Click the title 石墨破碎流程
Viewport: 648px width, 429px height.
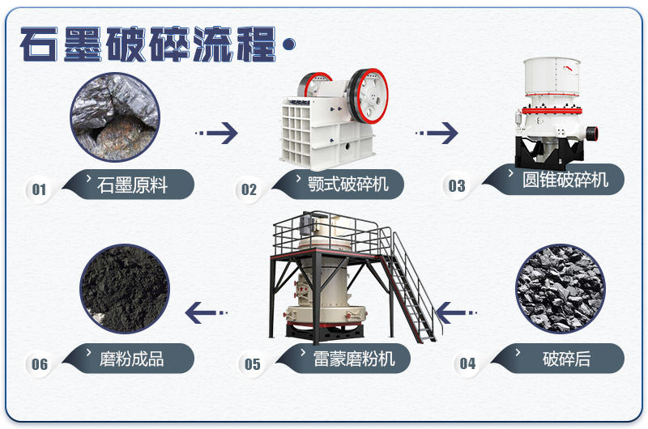[x=150, y=45]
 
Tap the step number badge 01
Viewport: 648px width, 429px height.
[x=39, y=189]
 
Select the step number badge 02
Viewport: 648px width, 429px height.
[x=249, y=189]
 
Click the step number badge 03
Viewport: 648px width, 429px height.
[x=457, y=186]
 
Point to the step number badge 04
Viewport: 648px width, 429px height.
[x=467, y=363]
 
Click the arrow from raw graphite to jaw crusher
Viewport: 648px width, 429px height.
[x=217, y=132]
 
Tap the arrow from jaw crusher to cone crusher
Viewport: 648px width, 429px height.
[x=437, y=132]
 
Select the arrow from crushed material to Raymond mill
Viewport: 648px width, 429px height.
[x=457, y=310]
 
